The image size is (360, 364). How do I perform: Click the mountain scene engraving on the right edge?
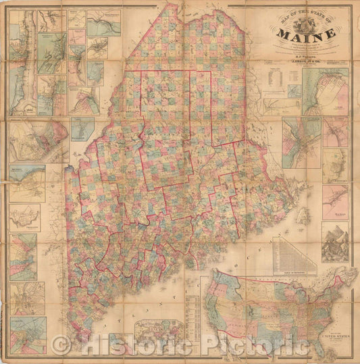[335, 242]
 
